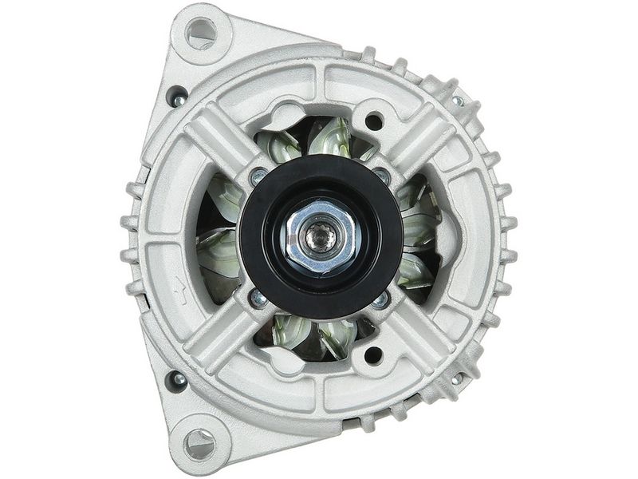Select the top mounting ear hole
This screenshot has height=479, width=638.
tap(200, 34)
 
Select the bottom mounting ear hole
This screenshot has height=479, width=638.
tap(199, 441)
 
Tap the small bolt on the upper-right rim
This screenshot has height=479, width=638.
tap(458, 101)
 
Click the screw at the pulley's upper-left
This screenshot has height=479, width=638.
tap(258, 176)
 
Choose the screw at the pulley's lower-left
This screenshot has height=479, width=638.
tap(258, 299)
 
